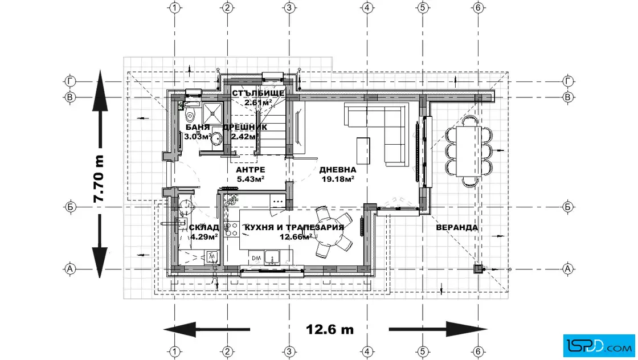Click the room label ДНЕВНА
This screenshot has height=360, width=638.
pos(337,170)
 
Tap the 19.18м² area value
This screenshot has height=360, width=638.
pos(338,179)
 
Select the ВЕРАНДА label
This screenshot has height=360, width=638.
pos(456,227)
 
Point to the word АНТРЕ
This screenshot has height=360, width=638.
pos(250,170)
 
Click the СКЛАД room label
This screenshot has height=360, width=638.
pos(204,227)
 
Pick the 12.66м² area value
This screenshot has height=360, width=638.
pos(296,237)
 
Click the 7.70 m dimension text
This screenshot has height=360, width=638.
pos(99,178)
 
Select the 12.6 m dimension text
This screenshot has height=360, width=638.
pos(330,329)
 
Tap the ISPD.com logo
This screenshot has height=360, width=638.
pos(599,346)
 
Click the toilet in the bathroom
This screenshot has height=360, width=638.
pos(190,114)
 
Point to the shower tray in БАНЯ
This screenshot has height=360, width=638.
pos(212,113)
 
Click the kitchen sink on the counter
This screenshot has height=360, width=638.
pos(272,257)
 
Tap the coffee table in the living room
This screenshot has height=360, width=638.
pos(363,150)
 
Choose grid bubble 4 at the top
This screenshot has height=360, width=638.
pos(367,8)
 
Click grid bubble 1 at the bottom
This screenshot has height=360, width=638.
pos(174,351)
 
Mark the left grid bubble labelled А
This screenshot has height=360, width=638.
pos(70,269)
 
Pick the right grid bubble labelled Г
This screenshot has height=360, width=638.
pos(567,82)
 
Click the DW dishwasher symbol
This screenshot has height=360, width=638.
pos(256,258)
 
